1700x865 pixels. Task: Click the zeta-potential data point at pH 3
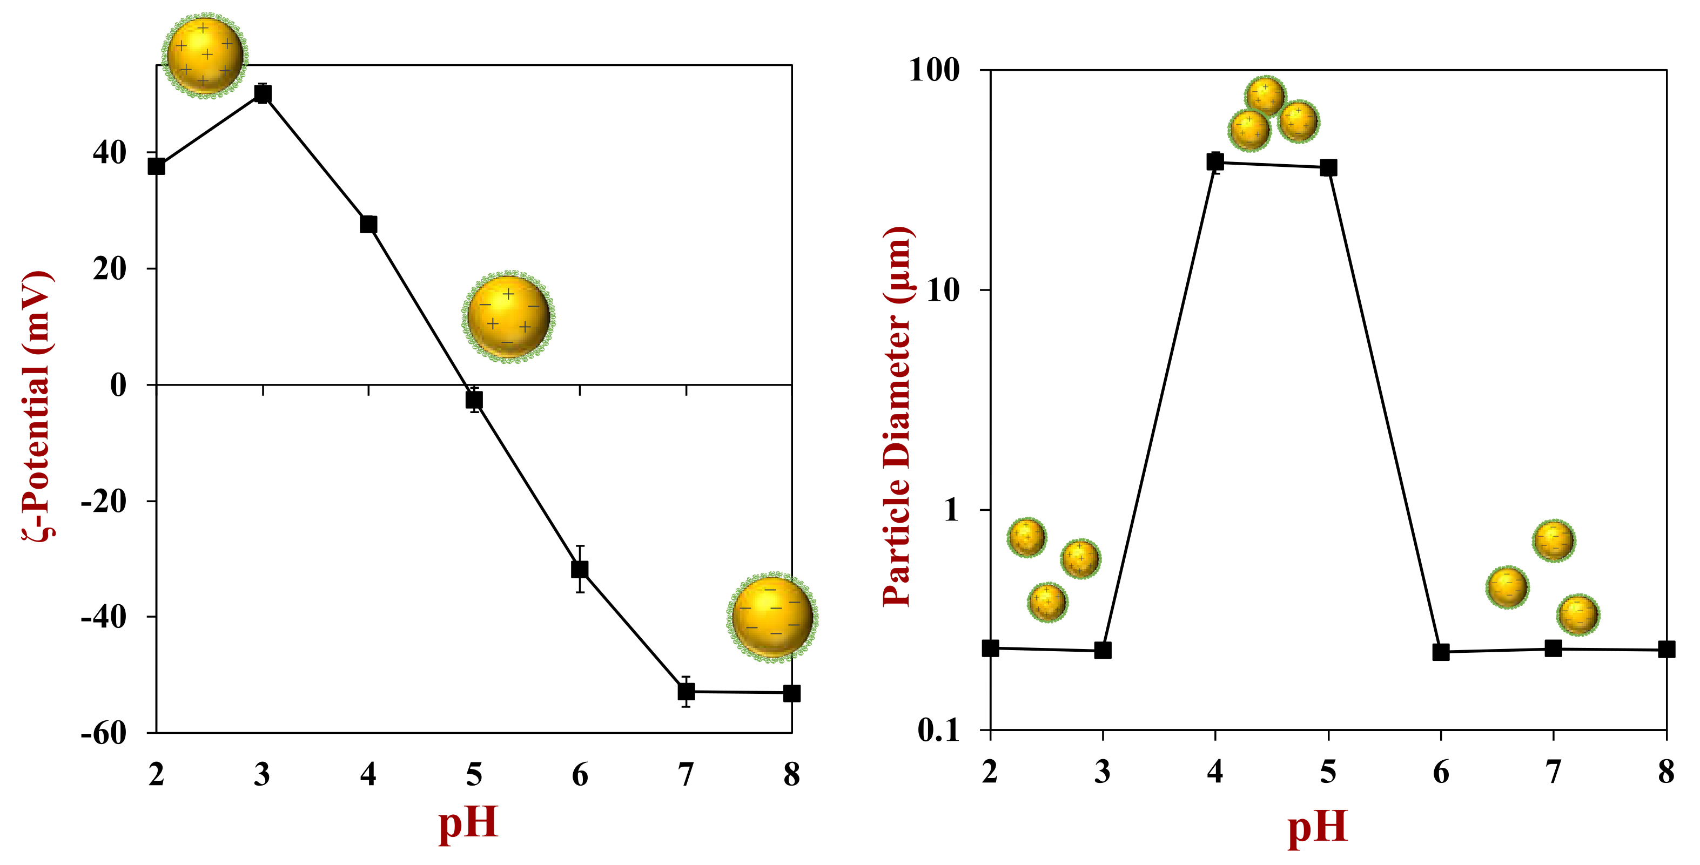(263, 94)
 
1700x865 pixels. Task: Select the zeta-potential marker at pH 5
(474, 400)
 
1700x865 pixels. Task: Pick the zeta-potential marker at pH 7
(687, 692)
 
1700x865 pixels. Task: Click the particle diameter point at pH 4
(1215, 161)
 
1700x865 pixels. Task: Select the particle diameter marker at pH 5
(1328, 167)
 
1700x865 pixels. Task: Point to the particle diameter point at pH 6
(1441, 652)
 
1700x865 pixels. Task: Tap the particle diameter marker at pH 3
(1103, 650)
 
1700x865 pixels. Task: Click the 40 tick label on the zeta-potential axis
(110, 152)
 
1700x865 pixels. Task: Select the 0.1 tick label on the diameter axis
(938, 729)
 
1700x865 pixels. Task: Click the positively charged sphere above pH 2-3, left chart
(205, 56)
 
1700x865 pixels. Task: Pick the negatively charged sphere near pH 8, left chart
(772, 617)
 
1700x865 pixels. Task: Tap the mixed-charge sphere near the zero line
(508, 317)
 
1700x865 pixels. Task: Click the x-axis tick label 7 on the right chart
(1554, 772)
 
